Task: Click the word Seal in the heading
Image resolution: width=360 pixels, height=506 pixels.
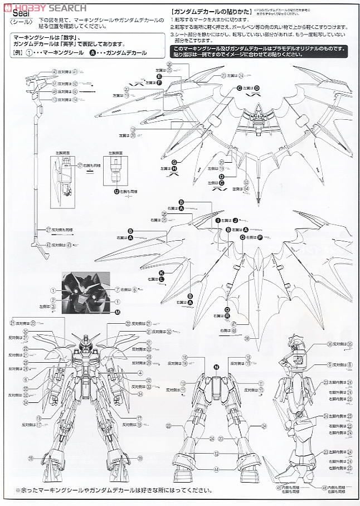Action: [19, 16]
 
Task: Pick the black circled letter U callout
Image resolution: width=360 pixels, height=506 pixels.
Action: [116, 191]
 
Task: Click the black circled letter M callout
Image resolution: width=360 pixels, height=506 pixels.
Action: [118, 312]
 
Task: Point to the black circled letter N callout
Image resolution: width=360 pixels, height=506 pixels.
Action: [216, 366]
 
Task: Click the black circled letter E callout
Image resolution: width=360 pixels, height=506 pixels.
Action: [159, 76]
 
